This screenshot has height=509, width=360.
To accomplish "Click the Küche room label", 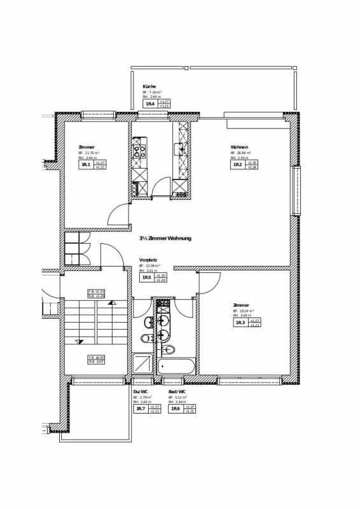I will [x=149, y=87].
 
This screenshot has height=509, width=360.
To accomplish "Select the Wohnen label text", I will [x=239, y=147].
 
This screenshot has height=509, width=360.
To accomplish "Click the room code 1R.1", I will [x=85, y=165].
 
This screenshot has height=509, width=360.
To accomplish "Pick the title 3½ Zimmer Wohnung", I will [x=165, y=239].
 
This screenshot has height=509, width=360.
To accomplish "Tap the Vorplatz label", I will [x=149, y=260].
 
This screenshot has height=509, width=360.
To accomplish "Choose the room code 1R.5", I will [x=147, y=278].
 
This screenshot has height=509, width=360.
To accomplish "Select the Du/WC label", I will [x=140, y=391].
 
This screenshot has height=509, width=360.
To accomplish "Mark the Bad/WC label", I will [x=177, y=391].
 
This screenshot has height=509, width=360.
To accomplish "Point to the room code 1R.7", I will [x=140, y=408].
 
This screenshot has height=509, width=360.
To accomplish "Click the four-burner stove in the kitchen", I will [x=139, y=151].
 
